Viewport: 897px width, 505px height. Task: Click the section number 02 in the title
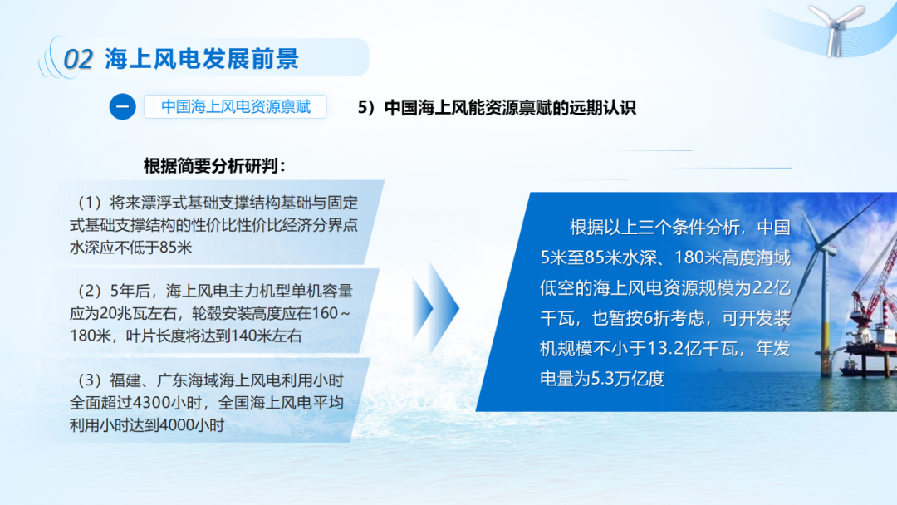click(78, 59)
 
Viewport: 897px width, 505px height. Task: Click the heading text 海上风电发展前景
click(202, 59)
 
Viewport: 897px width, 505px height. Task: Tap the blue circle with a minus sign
click(122, 107)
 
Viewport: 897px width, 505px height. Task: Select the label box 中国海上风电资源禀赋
click(235, 107)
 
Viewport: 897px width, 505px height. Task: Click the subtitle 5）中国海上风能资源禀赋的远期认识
click(497, 107)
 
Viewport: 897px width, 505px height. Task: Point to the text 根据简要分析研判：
click(214, 166)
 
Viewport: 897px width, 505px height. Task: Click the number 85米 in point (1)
click(175, 247)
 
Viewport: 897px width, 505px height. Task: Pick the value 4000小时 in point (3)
click(192, 425)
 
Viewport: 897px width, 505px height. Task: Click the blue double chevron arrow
click(435, 307)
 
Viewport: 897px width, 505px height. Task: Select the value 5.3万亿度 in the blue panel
click(628, 379)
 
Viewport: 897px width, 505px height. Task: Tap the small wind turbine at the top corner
click(836, 28)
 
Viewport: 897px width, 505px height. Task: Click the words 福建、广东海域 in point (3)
click(164, 380)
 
